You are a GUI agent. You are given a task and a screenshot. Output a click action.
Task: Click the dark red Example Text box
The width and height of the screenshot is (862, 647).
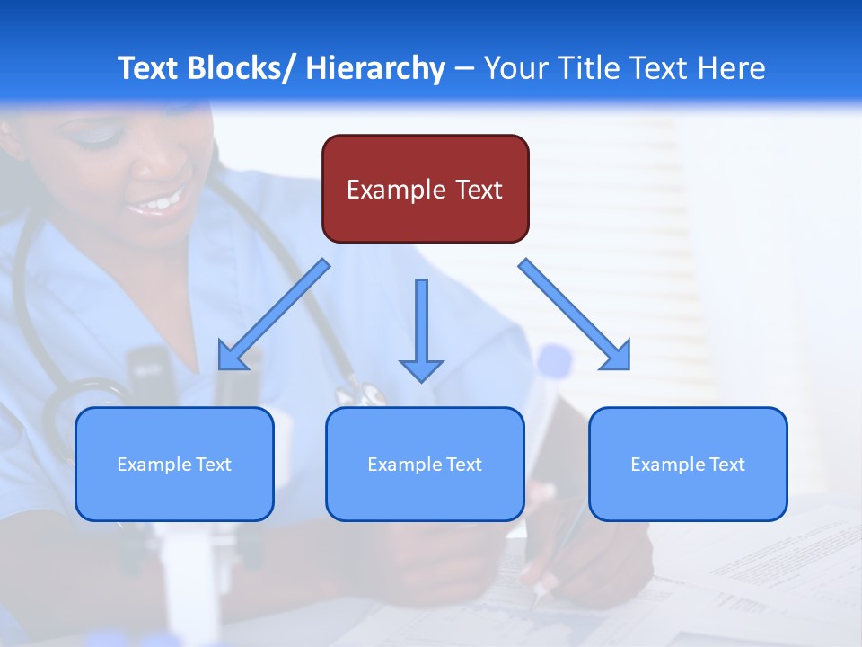click(425, 189)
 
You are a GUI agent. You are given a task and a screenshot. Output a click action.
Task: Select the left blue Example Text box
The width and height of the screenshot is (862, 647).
click(174, 464)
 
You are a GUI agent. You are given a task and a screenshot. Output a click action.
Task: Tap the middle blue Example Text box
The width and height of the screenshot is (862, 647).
click(425, 464)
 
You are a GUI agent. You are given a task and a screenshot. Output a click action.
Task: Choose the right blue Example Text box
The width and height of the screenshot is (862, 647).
click(688, 464)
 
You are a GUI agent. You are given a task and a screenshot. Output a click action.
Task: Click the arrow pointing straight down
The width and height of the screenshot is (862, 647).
click(421, 328)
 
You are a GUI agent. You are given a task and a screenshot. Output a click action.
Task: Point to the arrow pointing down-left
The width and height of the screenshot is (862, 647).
click(274, 315)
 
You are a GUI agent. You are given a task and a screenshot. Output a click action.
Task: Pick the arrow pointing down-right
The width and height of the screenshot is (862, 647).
click(575, 315)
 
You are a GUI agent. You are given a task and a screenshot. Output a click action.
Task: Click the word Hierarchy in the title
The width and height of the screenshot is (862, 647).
click(375, 68)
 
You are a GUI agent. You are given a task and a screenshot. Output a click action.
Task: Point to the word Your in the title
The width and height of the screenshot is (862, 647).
click(516, 68)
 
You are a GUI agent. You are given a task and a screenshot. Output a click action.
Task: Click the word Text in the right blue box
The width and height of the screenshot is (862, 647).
click(726, 464)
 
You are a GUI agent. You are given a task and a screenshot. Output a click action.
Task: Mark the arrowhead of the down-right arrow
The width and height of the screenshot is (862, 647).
click(616, 356)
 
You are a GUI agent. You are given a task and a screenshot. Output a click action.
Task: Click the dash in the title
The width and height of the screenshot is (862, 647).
click(464, 69)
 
